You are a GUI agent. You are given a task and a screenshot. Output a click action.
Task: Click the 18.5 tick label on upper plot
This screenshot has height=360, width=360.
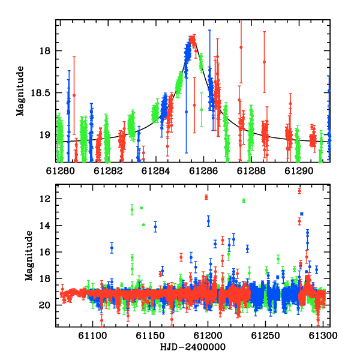40,93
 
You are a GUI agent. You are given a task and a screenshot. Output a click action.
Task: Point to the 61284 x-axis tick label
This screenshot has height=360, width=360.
155,171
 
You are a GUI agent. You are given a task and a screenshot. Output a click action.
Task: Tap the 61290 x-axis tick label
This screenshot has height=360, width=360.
299,171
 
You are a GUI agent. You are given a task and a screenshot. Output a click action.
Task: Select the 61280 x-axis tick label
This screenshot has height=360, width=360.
61,171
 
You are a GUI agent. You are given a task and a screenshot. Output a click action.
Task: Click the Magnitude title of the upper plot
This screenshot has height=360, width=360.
20,91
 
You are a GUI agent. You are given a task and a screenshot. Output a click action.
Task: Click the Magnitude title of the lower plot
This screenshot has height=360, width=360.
29,256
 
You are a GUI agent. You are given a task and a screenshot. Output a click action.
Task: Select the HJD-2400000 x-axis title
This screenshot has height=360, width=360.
193,347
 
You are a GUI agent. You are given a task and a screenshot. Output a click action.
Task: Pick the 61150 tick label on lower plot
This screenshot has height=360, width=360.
150,335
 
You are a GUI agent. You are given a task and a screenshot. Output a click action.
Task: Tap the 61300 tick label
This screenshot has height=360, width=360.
323,335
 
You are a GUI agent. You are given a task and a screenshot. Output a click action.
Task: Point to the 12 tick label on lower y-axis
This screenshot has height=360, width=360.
44,199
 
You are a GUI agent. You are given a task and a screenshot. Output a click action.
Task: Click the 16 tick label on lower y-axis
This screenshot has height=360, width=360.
44,252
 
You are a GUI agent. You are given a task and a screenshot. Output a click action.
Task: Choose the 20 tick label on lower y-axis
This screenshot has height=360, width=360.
44,305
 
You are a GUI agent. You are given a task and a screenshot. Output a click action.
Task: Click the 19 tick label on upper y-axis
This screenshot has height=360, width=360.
44,135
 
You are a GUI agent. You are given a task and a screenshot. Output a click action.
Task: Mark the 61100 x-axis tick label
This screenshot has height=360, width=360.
92,335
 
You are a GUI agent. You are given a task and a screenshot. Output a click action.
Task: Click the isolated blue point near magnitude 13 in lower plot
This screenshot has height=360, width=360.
302,214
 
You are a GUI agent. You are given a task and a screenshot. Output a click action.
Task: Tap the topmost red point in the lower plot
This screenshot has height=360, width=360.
299,191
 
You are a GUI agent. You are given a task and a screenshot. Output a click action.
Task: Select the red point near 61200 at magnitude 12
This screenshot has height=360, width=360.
206,197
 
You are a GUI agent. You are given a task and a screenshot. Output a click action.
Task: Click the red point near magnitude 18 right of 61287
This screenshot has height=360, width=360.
241,47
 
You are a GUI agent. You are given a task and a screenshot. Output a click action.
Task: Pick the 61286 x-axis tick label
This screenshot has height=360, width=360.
203,171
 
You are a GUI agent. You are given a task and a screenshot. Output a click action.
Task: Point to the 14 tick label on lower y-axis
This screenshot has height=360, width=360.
44,226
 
